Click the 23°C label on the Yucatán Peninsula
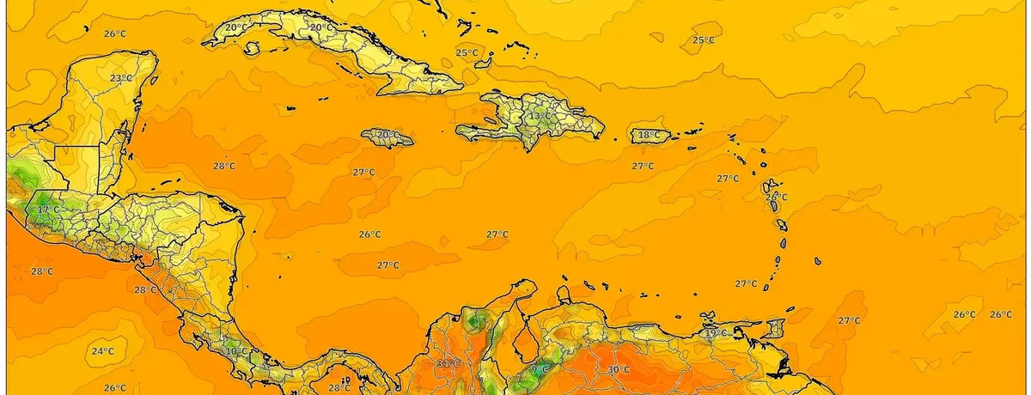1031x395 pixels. [121, 78]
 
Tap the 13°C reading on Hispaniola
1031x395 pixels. [540, 116]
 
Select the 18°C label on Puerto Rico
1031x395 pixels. [650, 135]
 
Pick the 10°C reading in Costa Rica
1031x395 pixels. [236, 351]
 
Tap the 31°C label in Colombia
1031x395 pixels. [448, 363]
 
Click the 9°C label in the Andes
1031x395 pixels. [540, 370]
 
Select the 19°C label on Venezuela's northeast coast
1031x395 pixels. [716, 333]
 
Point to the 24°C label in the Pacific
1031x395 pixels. [103, 351]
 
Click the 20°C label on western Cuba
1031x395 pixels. [236, 27]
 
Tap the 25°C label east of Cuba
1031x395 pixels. [467, 53]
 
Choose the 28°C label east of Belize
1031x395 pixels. [224, 167]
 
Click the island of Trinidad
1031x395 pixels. [777, 330]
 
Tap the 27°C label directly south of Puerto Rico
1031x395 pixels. [643, 166]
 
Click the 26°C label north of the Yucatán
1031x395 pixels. [114, 33]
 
